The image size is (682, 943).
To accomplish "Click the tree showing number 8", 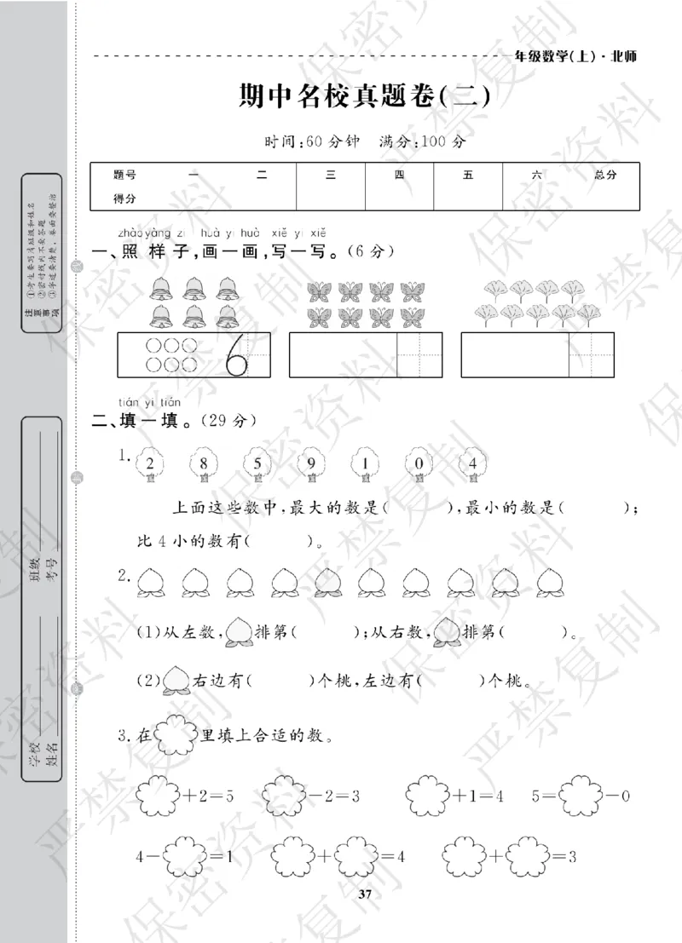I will coord(204,464).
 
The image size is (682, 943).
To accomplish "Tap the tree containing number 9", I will coord(310,464).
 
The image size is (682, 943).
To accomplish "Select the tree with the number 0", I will coord(418,464).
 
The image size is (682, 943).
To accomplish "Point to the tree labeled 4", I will coord(471,464).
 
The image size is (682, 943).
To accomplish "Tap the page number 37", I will coord(366,894).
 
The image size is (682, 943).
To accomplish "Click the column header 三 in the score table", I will coord(330,175).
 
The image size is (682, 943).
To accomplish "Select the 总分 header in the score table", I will coord(605,175).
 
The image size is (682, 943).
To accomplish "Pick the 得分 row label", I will coord(124,198).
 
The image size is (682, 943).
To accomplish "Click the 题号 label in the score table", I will coord(124,175).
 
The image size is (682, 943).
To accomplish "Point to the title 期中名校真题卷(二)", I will coord(365,96).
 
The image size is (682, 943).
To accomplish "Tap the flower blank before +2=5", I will coord(158,796).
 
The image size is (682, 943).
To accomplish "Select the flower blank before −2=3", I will coord(284,796).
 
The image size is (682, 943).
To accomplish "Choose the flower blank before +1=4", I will coord(429,796).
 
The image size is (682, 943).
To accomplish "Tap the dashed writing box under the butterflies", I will coord(420,354).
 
